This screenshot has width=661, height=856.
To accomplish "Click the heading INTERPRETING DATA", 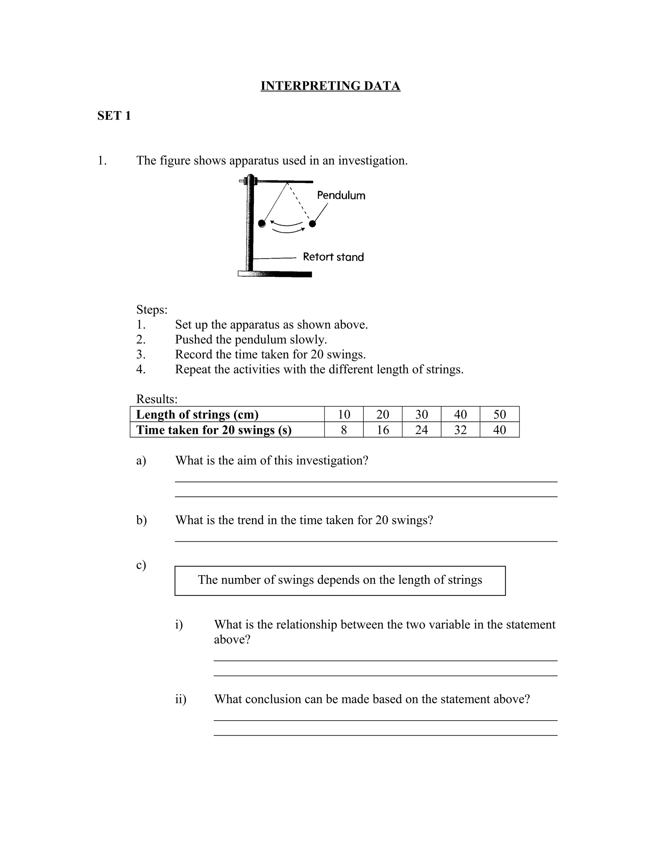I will point(330,86).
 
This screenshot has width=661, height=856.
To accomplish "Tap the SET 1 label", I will point(114,116).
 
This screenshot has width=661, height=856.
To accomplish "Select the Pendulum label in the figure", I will point(341,195).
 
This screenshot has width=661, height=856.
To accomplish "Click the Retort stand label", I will point(333,257).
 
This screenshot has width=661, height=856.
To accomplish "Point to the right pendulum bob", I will point(312,224).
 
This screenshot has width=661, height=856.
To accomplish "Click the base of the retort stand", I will point(275,274).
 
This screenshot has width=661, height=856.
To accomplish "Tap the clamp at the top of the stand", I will point(249,181).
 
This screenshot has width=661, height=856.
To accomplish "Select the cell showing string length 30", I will point(421,414).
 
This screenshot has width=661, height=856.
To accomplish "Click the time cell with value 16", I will point(382,430).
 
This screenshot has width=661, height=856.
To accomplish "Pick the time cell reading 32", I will point(460,430).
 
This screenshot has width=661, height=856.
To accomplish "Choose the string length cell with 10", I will point(344,414).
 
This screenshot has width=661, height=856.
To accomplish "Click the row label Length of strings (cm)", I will point(197,414).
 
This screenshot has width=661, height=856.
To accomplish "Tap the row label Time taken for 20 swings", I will point(214,430).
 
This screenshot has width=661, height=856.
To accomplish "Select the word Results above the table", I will point(157,399).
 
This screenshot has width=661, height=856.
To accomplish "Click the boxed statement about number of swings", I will point(340,580).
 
